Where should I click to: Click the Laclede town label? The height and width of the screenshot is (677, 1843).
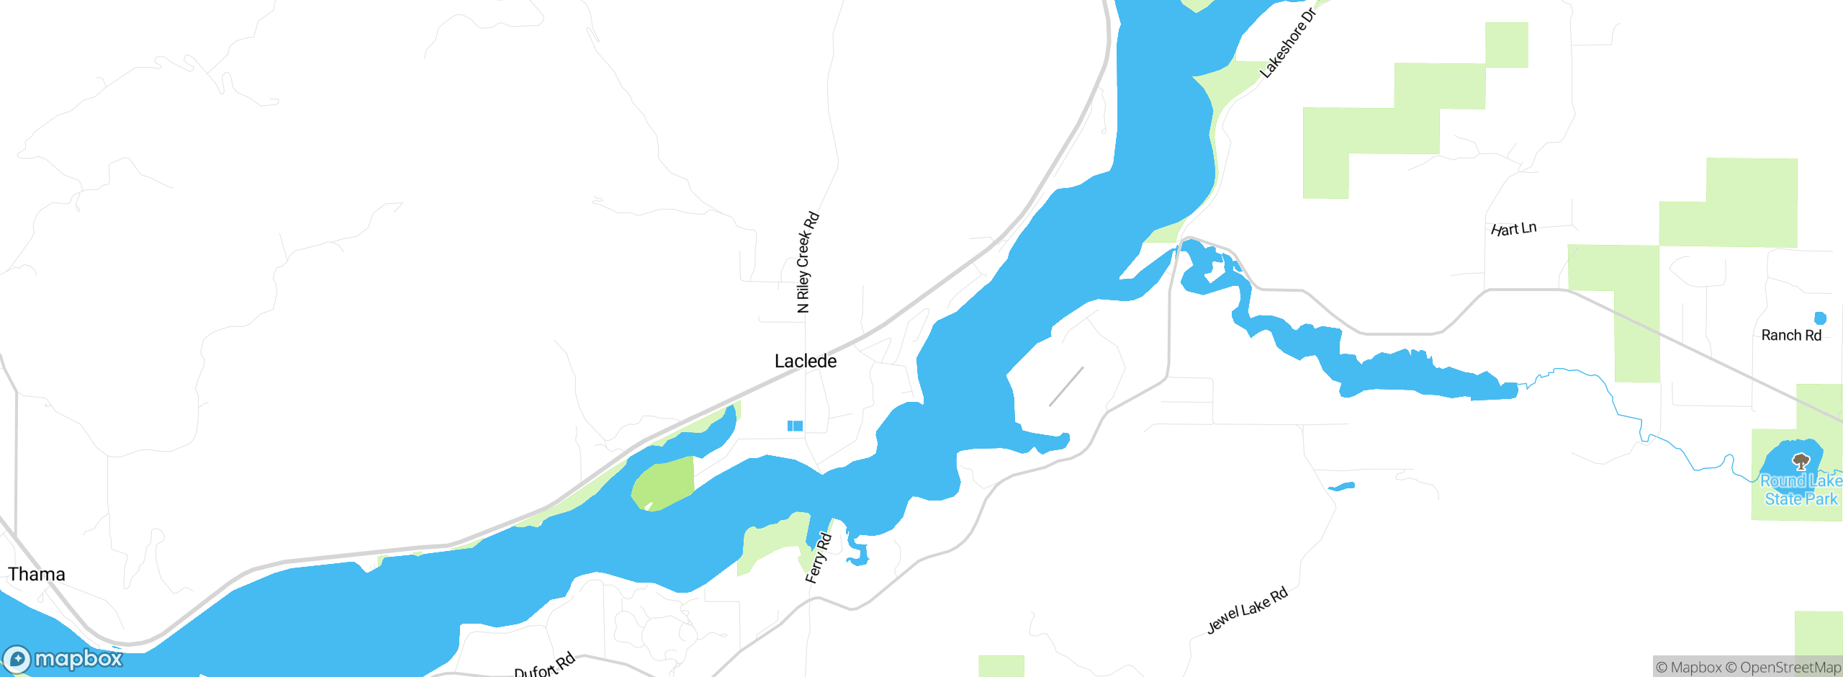tap(805, 361)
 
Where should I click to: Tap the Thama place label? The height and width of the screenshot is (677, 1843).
tap(36, 574)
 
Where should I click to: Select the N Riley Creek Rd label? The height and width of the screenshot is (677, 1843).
tap(807, 262)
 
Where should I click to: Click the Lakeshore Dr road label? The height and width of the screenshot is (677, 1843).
tap(1288, 42)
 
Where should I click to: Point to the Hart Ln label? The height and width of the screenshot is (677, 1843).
tap(1513, 229)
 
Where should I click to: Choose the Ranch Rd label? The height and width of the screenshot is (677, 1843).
tap(1790, 335)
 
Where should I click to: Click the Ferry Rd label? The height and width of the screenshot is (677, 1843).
tap(818, 558)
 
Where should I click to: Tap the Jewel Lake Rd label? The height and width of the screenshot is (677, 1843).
tap(1247, 611)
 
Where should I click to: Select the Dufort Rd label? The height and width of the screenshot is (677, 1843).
tap(545, 665)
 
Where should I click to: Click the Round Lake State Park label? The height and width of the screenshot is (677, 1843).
tap(1800, 490)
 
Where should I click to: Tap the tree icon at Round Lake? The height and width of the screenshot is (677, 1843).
tap(1801, 461)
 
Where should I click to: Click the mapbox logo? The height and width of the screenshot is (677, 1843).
tap(63, 659)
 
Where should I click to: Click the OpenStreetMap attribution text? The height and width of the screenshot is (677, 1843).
tap(1790, 668)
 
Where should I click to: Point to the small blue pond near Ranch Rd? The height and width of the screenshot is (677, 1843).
tap(1820, 318)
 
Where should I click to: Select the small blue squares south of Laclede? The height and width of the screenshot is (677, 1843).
tap(795, 426)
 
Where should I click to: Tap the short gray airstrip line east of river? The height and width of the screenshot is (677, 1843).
tap(1066, 387)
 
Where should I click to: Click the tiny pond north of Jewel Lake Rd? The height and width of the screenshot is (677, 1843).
tap(1342, 487)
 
